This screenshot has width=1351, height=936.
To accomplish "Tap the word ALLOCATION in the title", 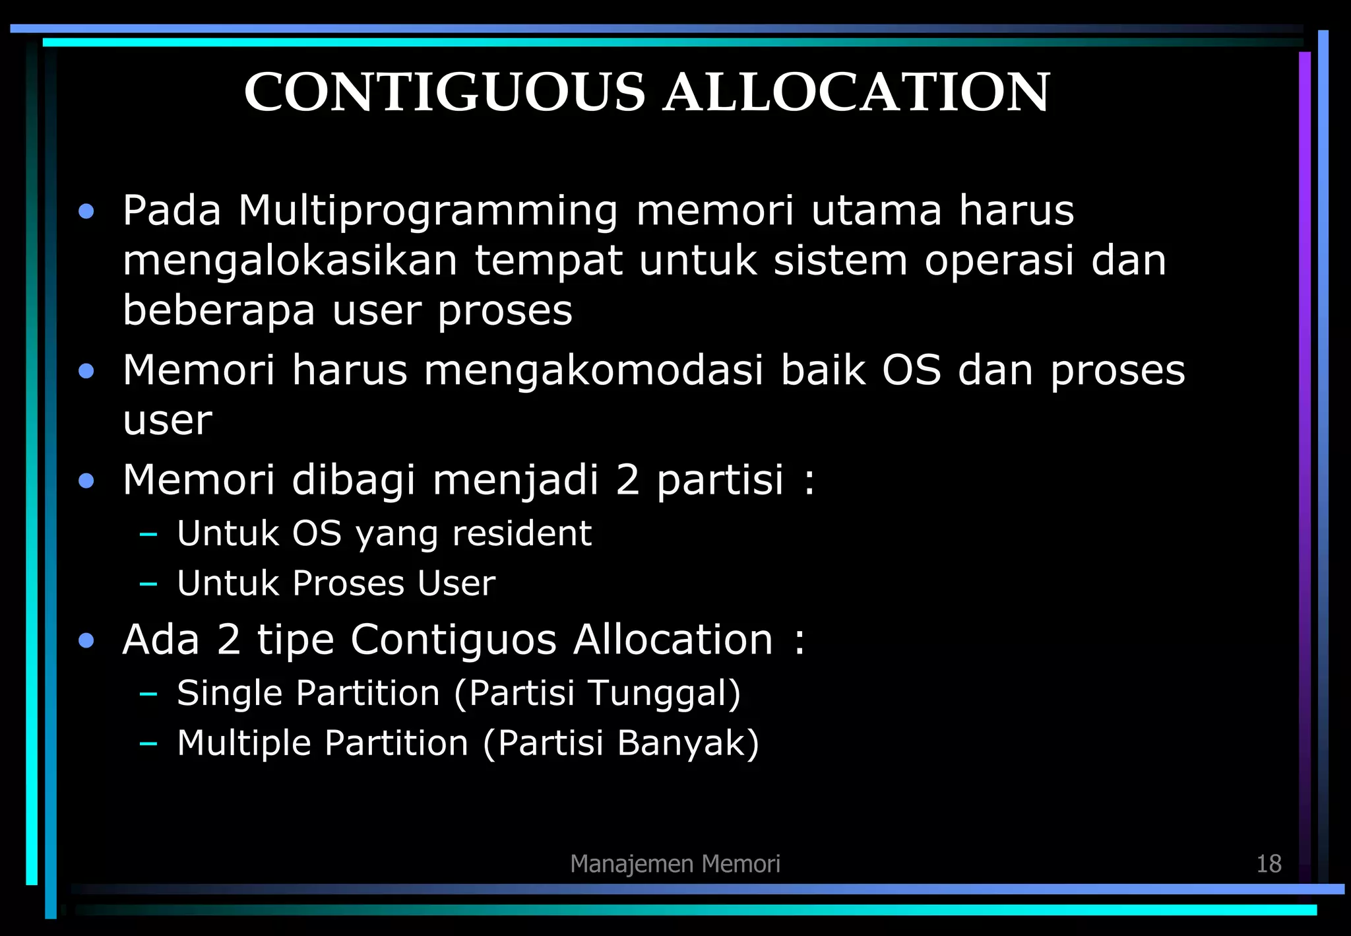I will pos(856,92).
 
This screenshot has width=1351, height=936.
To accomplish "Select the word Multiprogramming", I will pos(428,212).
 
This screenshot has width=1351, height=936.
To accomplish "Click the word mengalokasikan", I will pos(290,261).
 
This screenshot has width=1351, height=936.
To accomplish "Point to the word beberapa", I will pos(219,310).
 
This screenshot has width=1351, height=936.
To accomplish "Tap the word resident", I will pos(522,533).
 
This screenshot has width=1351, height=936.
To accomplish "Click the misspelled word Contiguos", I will pos(454,640).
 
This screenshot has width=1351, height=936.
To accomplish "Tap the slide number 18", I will pos(1269,863).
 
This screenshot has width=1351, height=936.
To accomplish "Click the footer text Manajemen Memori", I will pos(675,863).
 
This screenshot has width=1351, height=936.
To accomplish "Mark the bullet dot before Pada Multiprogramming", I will pos(86,212).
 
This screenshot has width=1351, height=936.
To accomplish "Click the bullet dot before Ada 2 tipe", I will pos(86,640).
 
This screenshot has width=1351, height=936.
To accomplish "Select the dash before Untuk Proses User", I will pos(148,584).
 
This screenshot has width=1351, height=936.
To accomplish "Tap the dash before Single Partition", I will pos(148,694).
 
